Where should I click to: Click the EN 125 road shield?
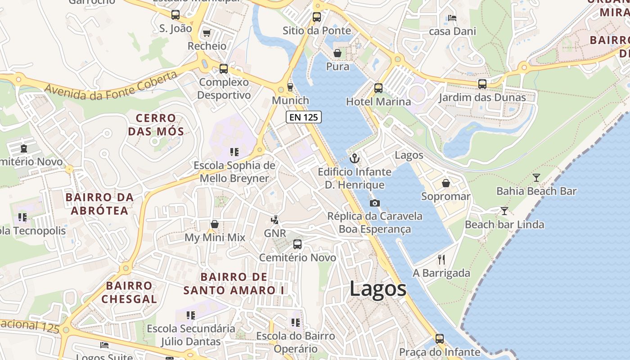click(304, 117)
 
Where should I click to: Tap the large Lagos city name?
click(378, 289)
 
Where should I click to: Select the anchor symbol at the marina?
click(355, 158)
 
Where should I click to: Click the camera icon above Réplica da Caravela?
click(374, 203)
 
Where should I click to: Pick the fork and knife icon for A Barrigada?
click(441, 259)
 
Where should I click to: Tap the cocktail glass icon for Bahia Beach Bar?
click(536, 178)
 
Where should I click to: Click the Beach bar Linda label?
click(504, 224)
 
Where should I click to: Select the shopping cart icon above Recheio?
click(207, 33)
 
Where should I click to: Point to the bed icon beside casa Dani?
click(452, 18)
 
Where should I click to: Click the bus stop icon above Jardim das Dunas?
click(482, 84)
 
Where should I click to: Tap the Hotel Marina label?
click(378, 102)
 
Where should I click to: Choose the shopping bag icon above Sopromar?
click(445, 183)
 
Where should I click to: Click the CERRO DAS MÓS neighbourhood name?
click(156, 125)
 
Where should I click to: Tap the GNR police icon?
click(274, 220)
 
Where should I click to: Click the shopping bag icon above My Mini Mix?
click(215, 224)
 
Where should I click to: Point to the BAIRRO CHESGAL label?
click(129, 292)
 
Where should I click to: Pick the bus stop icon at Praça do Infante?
click(440, 339)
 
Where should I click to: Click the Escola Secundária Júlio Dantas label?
click(191, 335)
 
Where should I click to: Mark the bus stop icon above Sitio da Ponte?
click(317, 17)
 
